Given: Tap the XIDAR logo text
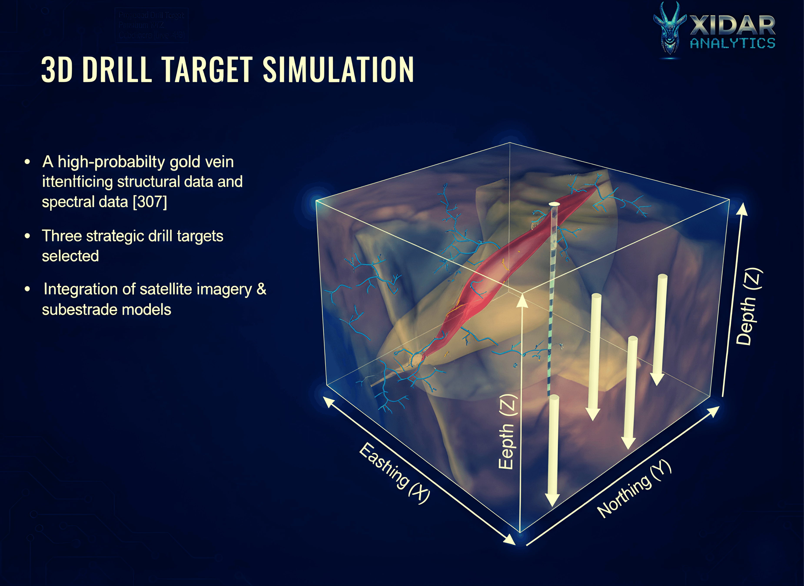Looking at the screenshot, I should [732, 26].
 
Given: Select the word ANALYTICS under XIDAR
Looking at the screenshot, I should [732, 43].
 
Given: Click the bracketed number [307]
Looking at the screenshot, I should [150, 202].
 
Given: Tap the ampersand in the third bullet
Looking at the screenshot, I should [261, 289].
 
